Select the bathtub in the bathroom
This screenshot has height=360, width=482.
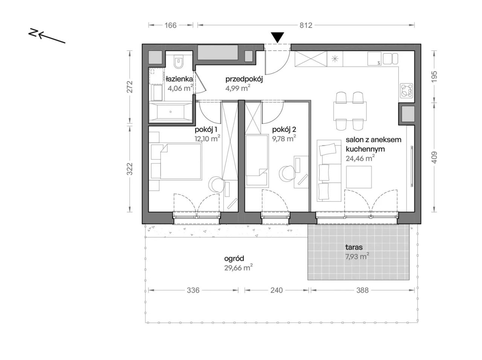(x=171, y=112)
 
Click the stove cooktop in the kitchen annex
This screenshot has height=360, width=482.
(x=406, y=90)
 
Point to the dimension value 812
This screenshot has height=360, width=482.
(x=306, y=26)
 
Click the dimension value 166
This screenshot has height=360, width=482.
(x=171, y=26)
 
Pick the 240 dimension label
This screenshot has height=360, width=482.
(x=276, y=290)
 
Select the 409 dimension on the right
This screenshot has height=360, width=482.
(x=434, y=157)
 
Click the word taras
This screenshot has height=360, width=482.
(x=354, y=247)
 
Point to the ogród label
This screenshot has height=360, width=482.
(x=234, y=259)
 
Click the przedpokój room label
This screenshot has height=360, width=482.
(x=244, y=79)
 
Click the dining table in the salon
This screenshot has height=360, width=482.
(x=350, y=111)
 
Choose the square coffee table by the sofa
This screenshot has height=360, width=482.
(x=359, y=177)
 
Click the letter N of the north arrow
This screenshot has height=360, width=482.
(x=33, y=32)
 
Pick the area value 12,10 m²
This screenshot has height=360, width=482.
(x=207, y=139)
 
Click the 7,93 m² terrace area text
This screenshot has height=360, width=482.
(x=357, y=256)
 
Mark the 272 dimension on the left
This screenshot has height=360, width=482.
(x=130, y=87)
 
